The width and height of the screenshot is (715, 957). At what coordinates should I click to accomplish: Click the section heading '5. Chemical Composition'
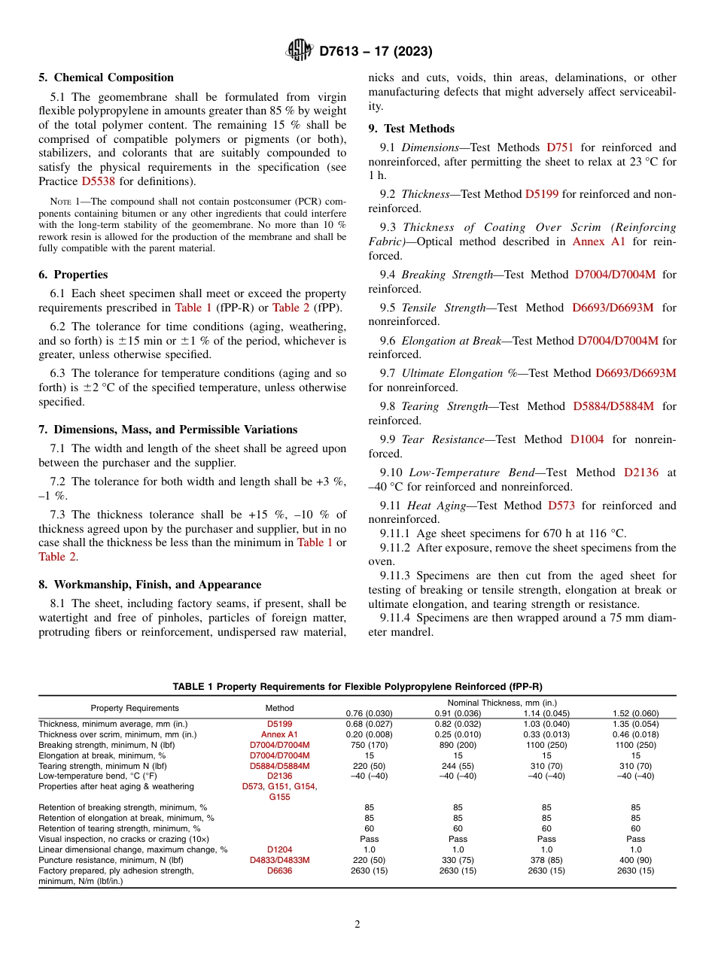click(106, 77)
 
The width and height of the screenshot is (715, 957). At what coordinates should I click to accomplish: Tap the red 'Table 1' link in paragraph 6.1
click(193, 308)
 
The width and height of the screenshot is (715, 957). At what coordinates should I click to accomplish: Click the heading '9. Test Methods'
click(412, 129)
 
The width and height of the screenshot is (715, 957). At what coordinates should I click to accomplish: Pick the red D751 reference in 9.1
click(559, 147)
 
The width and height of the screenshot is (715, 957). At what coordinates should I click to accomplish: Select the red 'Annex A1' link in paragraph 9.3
click(599, 242)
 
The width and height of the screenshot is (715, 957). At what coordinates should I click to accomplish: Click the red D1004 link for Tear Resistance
click(587, 439)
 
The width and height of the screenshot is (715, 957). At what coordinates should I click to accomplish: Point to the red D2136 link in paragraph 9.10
click(640, 472)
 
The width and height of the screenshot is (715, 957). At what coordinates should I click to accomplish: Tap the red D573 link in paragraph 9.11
click(561, 506)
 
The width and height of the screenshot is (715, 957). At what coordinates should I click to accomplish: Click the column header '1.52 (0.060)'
click(635, 713)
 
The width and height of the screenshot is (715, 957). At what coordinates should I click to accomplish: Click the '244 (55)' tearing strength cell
click(458, 766)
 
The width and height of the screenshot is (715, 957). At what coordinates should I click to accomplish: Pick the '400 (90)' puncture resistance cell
click(635, 860)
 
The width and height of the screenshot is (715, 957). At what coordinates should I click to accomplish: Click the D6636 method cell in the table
click(279, 870)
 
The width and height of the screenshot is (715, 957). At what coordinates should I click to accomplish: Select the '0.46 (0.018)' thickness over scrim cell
click(635, 734)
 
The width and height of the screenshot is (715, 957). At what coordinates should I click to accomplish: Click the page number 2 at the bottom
click(357, 925)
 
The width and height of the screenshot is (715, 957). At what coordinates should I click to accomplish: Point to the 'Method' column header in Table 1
click(279, 708)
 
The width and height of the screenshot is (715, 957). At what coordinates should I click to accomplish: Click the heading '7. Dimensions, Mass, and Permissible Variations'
click(169, 430)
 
